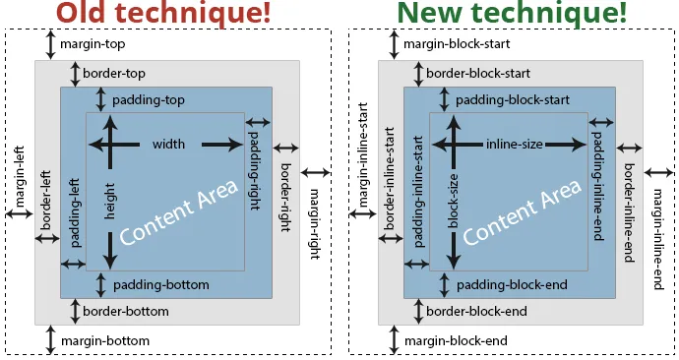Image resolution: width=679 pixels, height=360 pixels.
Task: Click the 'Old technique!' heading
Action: click(163, 14)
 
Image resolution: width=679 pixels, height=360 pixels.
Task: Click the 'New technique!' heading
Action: click(511, 14)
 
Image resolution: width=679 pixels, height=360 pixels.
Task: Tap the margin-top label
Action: click(93, 44)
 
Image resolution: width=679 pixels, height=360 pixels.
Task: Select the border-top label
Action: click(114, 74)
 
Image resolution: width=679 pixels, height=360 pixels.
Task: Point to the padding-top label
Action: click(149, 100)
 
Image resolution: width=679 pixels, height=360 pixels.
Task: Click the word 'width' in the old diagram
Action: click(168, 145)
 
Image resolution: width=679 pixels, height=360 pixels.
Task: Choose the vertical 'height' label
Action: click(111, 199)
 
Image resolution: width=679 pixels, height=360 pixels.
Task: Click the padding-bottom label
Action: click(160, 284)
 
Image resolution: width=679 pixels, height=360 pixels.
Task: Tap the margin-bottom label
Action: click(104, 340)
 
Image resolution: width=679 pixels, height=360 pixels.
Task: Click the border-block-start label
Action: click(478, 74)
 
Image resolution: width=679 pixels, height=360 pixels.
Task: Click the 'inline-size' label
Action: click(514, 145)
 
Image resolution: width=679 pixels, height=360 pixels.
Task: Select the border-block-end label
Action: click(476, 311)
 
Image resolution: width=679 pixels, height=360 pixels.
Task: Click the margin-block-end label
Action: click(456, 340)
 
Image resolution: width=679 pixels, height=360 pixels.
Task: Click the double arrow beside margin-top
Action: click(50, 44)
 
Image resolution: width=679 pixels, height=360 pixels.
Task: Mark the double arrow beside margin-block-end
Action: click(395, 340)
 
